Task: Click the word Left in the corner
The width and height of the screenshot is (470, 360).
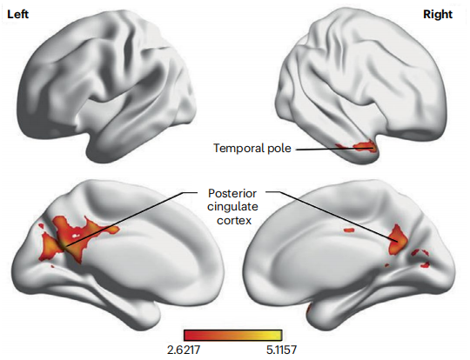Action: pyautogui.click(x=17, y=15)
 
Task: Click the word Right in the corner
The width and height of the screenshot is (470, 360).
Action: pyautogui.click(x=437, y=15)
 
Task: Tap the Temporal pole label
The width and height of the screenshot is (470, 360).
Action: pyautogui.click(x=252, y=148)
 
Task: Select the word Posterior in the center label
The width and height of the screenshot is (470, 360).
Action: pyautogui.click(x=232, y=193)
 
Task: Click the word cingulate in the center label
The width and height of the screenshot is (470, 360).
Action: pyautogui.click(x=232, y=207)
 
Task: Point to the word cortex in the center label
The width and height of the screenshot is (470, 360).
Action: pyautogui.click(x=234, y=220)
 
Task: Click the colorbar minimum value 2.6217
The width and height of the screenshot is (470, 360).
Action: pyautogui.click(x=183, y=350)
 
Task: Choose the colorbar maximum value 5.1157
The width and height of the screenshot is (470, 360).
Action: pyautogui.click(x=281, y=350)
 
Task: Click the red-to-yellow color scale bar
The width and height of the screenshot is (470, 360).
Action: pyautogui.click(x=233, y=335)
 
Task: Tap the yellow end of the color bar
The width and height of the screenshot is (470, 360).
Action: pyautogui.click(x=279, y=335)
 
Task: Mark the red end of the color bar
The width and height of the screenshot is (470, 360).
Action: pyautogui.click(x=188, y=335)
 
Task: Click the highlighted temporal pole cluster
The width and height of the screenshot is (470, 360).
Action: pyautogui.click(x=359, y=147)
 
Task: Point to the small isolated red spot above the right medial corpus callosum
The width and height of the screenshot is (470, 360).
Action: pyautogui.click(x=349, y=230)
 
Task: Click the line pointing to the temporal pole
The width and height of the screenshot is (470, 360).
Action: pyautogui.click(x=334, y=149)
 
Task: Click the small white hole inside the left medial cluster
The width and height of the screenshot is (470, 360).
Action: pyautogui.click(x=75, y=236)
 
